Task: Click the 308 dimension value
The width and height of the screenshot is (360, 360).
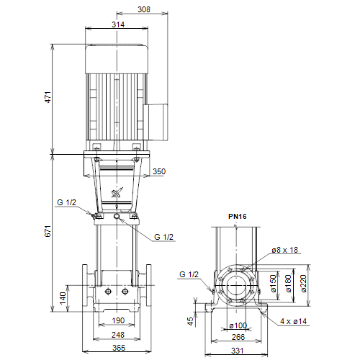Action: click(x=144, y=9)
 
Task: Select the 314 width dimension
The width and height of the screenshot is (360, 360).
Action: click(x=118, y=24)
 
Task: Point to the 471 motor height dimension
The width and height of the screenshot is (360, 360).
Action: click(x=48, y=97)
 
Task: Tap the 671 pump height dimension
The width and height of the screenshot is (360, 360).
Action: click(x=48, y=231)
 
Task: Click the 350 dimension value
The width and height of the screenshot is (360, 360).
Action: click(x=159, y=171)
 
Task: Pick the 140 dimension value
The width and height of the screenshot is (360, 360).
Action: click(x=63, y=298)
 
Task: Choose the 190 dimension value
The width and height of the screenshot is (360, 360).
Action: click(x=118, y=320)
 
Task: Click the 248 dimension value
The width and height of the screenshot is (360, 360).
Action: click(x=118, y=335)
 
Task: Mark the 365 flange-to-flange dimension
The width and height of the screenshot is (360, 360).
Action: click(x=119, y=348)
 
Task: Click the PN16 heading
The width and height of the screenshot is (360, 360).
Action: click(x=238, y=217)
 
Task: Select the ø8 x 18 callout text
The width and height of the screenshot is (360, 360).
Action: click(x=285, y=250)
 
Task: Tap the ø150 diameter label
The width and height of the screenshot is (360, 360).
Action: click(x=274, y=284)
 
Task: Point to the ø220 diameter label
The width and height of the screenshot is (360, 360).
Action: click(x=304, y=284)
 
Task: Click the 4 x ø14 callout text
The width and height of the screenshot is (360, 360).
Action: click(x=294, y=321)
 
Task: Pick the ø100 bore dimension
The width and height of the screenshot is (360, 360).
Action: click(x=238, y=325)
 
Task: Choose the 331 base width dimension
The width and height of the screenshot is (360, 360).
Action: click(x=238, y=351)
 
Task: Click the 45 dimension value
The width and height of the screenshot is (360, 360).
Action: click(x=190, y=321)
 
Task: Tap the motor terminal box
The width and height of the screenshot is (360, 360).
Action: click(x=156, y=122)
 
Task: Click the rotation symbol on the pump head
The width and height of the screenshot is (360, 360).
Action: click(x=117, y=193)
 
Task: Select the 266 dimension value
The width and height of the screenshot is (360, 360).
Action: click(x=238, y=337)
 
